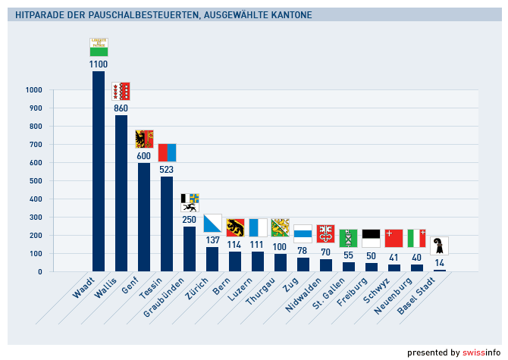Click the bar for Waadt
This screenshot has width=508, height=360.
99,171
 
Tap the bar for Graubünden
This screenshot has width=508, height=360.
190,248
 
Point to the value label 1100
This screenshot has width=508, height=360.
99,64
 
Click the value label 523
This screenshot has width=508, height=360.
167,170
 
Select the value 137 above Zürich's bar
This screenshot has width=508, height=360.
212,241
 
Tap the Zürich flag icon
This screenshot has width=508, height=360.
212,224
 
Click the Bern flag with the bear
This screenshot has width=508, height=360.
235,228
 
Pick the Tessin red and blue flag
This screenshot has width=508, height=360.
167,152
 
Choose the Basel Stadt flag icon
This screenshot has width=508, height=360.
439,246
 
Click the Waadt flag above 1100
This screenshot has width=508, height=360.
99,47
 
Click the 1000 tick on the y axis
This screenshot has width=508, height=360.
33,90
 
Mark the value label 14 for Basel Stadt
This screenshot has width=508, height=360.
440,263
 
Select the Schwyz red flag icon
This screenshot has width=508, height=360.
394,238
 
